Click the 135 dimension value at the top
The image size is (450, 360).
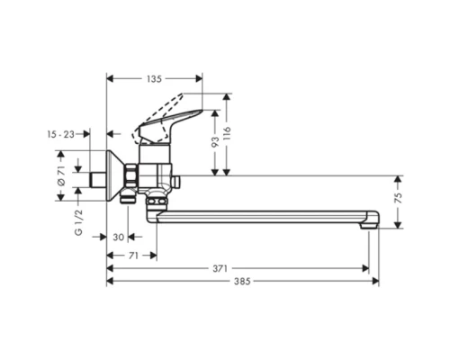154,78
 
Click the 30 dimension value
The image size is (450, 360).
119,238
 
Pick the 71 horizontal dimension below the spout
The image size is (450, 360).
132,256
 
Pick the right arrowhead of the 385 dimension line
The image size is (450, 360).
376,281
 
